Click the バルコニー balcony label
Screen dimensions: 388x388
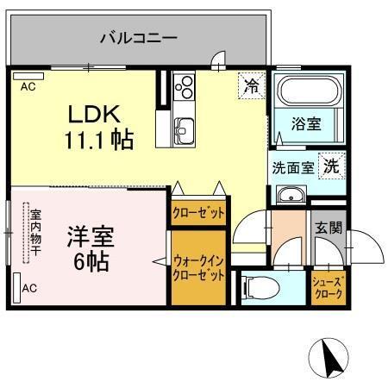(x=137, y=38)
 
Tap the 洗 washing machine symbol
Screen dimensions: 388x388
(x=331, y=167)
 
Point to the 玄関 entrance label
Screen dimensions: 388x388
(x=329, y=228)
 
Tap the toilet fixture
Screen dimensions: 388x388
(x=258, y=285)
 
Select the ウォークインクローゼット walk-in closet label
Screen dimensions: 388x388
(x=198, y=266)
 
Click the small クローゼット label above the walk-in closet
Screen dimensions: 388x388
(x=198, y=211)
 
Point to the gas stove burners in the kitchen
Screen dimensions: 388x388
(x=185, y=87)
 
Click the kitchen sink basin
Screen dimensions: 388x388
(x=185, y=132)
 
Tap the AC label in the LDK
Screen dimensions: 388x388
(x=28, y=86)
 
